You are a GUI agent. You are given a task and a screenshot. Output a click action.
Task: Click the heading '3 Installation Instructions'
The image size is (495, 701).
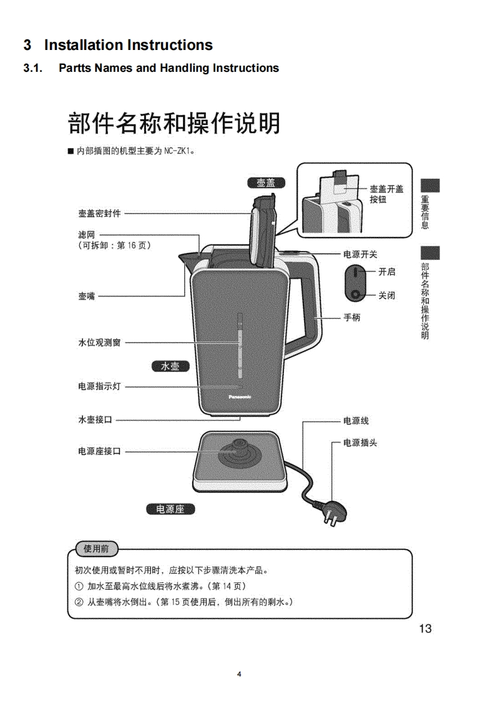118,45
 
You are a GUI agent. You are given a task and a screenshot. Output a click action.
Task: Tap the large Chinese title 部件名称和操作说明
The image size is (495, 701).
173,123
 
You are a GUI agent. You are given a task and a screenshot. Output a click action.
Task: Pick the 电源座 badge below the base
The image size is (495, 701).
170,509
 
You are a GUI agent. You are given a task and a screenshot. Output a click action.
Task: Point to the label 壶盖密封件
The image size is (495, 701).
99,213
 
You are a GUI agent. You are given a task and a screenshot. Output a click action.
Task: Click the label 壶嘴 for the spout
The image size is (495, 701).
87,296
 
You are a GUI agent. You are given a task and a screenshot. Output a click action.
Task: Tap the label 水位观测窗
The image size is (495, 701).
99,343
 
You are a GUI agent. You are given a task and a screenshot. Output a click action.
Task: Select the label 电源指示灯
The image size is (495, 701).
99,387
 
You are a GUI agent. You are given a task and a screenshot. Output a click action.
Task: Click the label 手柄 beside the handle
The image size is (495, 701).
351,317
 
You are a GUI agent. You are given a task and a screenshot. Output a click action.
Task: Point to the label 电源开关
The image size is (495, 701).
360,254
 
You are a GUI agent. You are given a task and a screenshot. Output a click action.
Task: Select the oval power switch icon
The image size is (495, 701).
355,283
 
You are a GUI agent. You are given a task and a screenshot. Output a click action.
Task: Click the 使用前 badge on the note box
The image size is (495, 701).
96,549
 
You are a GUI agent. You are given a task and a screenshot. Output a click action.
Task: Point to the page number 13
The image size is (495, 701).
425,629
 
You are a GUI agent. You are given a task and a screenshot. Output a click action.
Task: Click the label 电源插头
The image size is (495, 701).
360,443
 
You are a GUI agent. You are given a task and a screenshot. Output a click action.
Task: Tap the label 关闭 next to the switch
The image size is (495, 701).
386,296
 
